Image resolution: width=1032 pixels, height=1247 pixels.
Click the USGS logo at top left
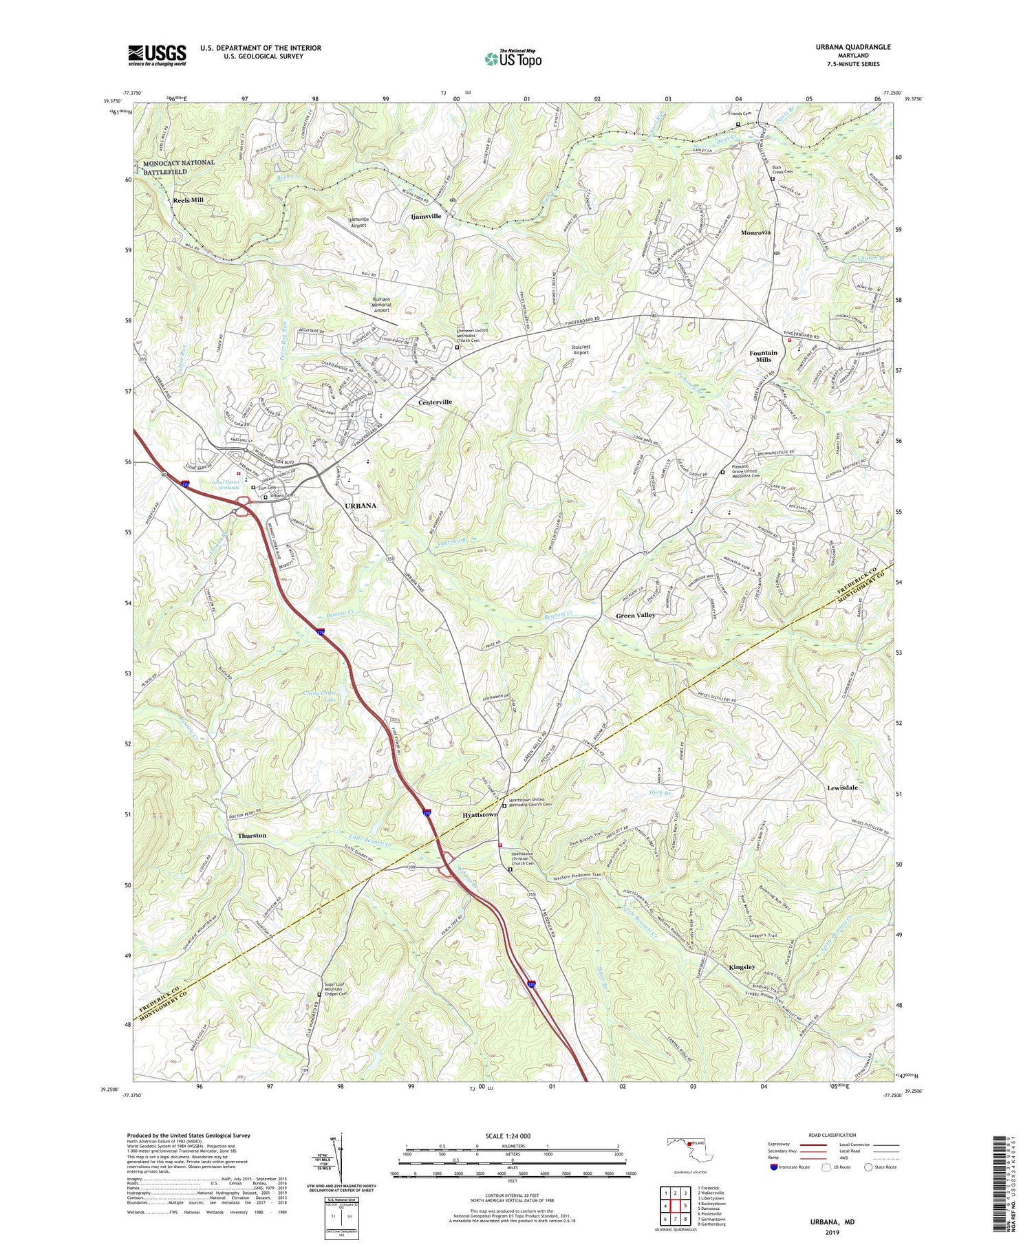(157, 55)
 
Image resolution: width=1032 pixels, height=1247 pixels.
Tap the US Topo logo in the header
(513, 58)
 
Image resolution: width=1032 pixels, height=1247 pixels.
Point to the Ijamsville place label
(425, 216)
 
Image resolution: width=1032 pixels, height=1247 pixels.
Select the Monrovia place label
(755, 232)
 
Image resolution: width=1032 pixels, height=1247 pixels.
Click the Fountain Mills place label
(763, 356)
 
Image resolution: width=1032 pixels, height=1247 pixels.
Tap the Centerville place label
(435, 402)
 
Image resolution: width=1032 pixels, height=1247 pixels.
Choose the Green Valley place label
(635, 615)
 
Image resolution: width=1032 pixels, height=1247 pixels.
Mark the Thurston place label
(251, 835)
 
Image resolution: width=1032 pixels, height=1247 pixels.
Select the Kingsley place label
(742, 967)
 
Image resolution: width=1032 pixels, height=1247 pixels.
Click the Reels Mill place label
(188, 200)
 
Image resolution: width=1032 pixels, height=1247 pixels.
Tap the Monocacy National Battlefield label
(178, 167)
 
